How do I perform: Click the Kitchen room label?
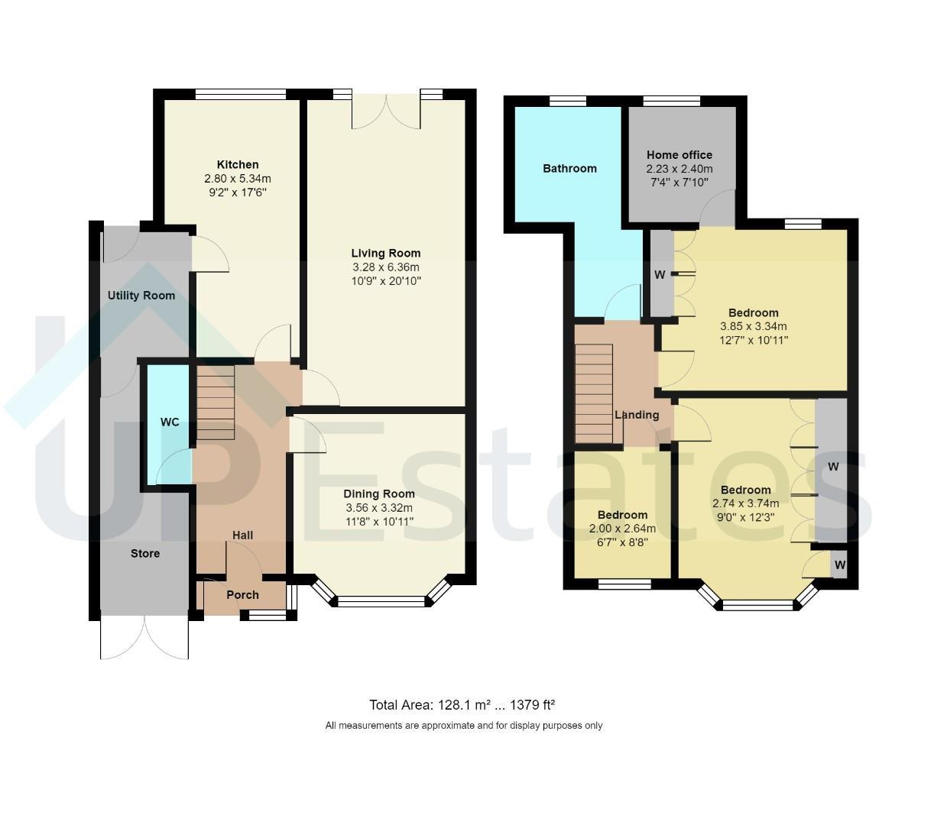(x=238, y=165)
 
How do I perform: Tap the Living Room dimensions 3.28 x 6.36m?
(x=385, y=267)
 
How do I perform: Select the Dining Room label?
(x=379, y=494)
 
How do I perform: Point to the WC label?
(x=170, y=422)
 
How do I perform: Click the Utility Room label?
(x=141, y=296)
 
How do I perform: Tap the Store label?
(x=145, y=554)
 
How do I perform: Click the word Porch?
(x=242, y=595)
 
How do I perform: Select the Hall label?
(x=242, y=535)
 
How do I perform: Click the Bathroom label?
(x=569, y=168)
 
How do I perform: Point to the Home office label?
(x=679, y=155)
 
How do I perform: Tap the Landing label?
(x=637, y=415)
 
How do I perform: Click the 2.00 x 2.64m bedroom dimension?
(x=622, y=529)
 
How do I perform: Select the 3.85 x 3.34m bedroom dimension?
(x=753, y=326)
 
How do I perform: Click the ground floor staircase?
(x=216, y=403)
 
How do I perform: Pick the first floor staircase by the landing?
(x=594, y=393)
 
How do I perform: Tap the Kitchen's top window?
(x=241, y=94)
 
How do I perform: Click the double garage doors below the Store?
(x=144, y=637)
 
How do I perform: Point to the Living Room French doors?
(x=387, y=111)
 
